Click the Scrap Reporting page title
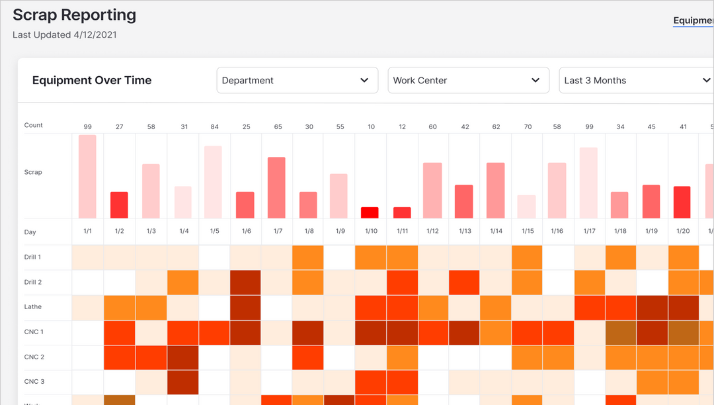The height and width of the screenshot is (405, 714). pyautogui.click(x=74, y=15)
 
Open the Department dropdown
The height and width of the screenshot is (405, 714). pyautogui.click(x=297, y=80)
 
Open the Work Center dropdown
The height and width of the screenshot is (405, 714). pyautogui.click(x=468, y=80)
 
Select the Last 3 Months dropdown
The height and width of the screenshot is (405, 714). pyautogui.click(x=636, y=80)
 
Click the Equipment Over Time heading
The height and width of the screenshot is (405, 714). pyautogui.click(x=92, y=80)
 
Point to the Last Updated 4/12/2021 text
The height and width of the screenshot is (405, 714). pyautogui.click(x=65, y=35)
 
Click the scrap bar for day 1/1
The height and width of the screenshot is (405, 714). pyautogui.click(x=87, y=177)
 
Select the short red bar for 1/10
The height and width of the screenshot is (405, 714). pyautogui.click(x=370, y=212)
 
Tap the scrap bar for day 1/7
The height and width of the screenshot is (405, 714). pyautogui.click(x=276, y=188)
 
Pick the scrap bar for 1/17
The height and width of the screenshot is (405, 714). pyautogui.click(x=588, y=183)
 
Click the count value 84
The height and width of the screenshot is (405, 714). pyautogui.click(x=214, y=126)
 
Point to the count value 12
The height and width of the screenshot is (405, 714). pyautogui.click(x=402, y=126)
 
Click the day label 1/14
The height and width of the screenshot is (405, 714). pyautogui.click(x=496, y=231)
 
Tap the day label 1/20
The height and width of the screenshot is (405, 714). pyautogui.click(x=683, y=231)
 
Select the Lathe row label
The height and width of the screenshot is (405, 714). pyautogui.click(x=32, y=307)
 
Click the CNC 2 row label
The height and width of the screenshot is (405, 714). pyautogui.click(x=34, y=357)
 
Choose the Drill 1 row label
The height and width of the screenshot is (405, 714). pyautogui.click(x=33, y=257)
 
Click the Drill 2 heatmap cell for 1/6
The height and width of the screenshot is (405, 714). pyautogui.click(x=245, y=283)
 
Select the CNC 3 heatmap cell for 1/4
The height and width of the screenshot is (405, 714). pyautogui.click(x=182, y=382)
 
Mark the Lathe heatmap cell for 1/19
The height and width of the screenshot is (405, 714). pyautogui.click(x=652, y=308)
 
